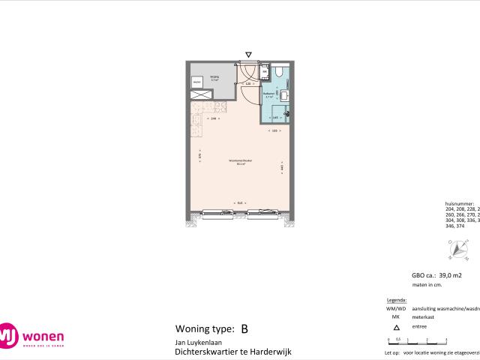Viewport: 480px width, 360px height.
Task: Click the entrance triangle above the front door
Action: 249,54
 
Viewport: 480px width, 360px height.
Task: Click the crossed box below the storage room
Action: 200,94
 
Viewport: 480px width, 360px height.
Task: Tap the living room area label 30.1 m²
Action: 241,161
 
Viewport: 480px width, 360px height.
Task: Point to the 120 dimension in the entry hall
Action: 247,83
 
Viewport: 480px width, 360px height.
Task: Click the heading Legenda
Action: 394,299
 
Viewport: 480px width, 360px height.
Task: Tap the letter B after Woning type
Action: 244,328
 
